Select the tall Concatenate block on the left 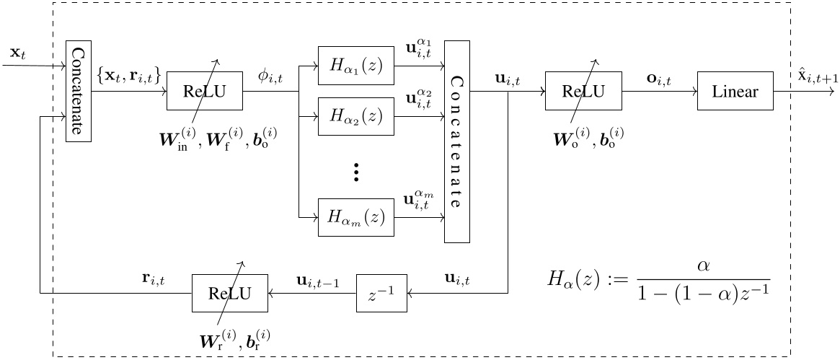pyautogui.click(x=79, y=92)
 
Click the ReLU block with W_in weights pyautogui.click(x=205, y=92)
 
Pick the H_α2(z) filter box pyautogui.click(x=357, y=115)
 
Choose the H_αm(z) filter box pyautogui.click(x=357, y=216)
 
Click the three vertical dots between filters pyautogui.click(x=356, y=172)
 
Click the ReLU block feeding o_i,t pyautogui.click(x=583, y=92)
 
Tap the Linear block pyautogui.click(x=735, y=92)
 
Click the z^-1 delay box pyautogui.click(x=382, y=294)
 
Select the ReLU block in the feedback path pyautogui.click(x=229, y=294)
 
